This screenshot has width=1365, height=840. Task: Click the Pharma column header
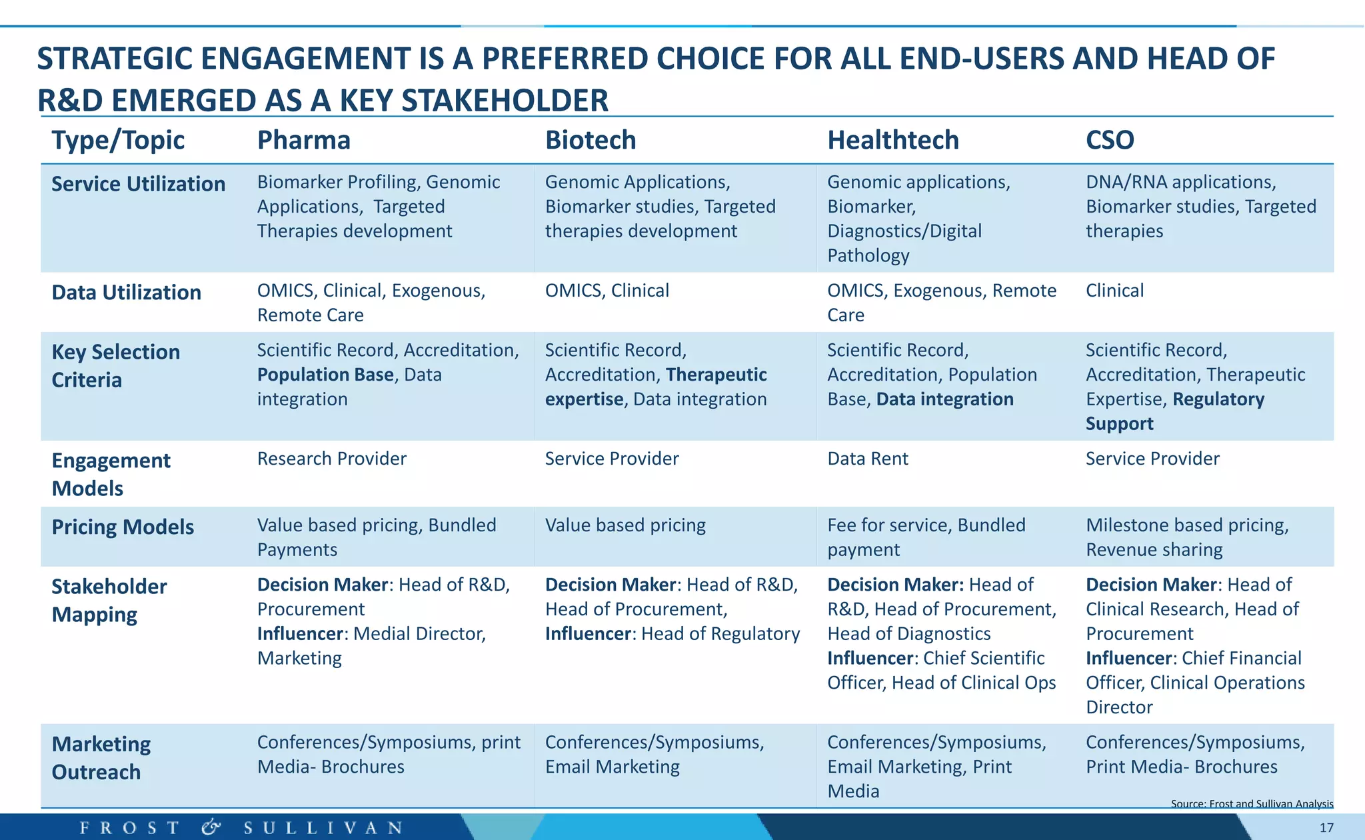tap(304, 140)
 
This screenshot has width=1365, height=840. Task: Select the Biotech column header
tap(591, 140)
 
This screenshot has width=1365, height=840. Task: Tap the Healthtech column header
tap(893, 140)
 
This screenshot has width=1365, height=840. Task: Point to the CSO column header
tap(1110, 140)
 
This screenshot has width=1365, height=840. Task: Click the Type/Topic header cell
tap(118, 140)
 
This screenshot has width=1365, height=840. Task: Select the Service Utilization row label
tap(139, 184)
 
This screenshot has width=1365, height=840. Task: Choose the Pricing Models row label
tap(123, 527)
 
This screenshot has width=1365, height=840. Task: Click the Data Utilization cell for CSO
tap(1114, 291)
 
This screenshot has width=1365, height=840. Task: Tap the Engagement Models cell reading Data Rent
tap(867, 459)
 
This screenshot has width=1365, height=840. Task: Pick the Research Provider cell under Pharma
tap(331, 459)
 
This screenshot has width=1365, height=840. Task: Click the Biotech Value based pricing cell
tap(625, 525)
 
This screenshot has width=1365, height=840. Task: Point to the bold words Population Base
tap(325, 375)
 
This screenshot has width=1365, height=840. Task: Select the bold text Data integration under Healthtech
tap(944, 399)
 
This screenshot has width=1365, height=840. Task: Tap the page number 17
tap(1326, 828)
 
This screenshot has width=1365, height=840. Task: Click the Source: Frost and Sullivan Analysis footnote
tap(1252, 804)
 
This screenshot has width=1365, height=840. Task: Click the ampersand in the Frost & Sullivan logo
tap(211, 828)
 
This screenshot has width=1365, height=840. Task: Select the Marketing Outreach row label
tap(101, 758)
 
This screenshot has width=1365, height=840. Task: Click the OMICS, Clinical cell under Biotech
tap(607, 291)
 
